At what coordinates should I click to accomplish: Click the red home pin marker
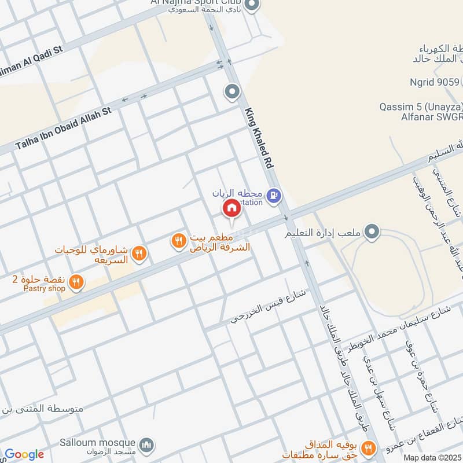(x=231, y=208)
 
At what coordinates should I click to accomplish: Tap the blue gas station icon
(x=275, y=197)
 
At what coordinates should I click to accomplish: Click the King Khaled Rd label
(x=259, y=138)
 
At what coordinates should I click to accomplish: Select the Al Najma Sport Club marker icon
(x=251, y=6)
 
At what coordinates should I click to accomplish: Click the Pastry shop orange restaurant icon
(x=75, y=282)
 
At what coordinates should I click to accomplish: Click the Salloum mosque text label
(x=97, y=443)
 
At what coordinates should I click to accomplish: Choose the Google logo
(x=24, y=454)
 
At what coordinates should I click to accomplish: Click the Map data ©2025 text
(x=432, y=458)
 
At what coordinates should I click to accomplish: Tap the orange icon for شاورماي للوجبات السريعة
(x=138, y=252)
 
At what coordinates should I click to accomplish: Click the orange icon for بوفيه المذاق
(x=367, y=447)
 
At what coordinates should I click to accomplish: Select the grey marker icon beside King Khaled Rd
(x=231, y=91)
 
